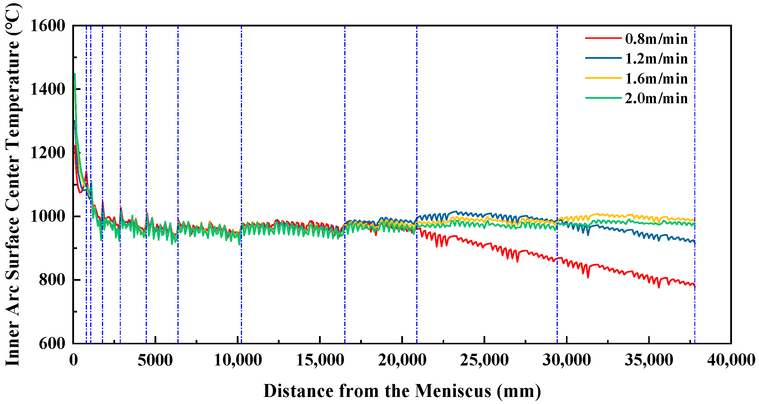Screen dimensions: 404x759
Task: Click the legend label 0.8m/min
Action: point(656,39)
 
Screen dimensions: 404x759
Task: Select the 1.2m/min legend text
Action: point(656,59)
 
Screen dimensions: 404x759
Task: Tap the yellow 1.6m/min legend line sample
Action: point(603,78)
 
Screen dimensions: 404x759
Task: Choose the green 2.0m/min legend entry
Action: point(656,98)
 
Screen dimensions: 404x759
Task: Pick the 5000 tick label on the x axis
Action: point(155,360)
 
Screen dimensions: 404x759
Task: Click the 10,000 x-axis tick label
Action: point(238,360)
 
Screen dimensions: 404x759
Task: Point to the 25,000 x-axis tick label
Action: point(484,360)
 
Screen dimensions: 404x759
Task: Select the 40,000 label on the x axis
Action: point(731,360)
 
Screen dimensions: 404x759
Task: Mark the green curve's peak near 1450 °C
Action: point(75,74)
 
